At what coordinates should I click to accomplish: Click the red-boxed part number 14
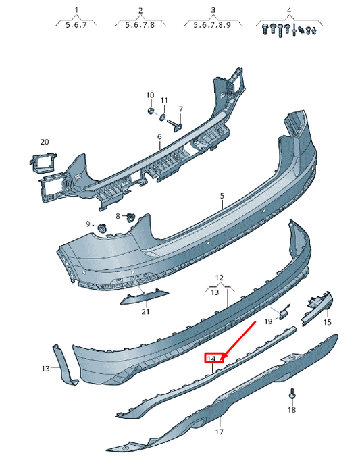pyautogui.click(x=212, y=358)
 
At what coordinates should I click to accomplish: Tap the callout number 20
pyautogui.click(x=45, y=142)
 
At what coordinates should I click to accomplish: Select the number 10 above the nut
pyautogui.click(x=150, y=95)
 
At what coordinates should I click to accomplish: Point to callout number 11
pyautogui.click(x=164, y=100)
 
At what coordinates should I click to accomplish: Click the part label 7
pyautogui.click(x=181, y=109)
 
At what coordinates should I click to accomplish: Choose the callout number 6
pyautogui.click(x=159, y=136)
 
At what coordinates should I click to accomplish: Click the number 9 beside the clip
pyautogui.click(x=87, y=224)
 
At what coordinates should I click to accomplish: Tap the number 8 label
pyautogui.click(x=117, y=216)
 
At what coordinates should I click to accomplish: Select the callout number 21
pyautogui.click(x=145, y=311)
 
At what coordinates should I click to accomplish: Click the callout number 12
pyautogui.click(x=219, y=278)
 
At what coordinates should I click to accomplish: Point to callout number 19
pyautogui.click(x=267, y=321)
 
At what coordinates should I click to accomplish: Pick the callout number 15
pyautogui.click(x=328, y=323)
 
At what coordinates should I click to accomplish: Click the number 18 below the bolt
pyautogui.click(x=292, y=410)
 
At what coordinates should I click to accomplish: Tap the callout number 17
pyautogui.click(x=219, y=431)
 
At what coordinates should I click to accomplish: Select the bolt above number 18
pyautogui.click(x=292, y=394)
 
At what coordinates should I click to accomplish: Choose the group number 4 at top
pyautogui.click(x=289, y=10)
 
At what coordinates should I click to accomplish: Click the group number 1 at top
pyautogui.click(x=76, y=10)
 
